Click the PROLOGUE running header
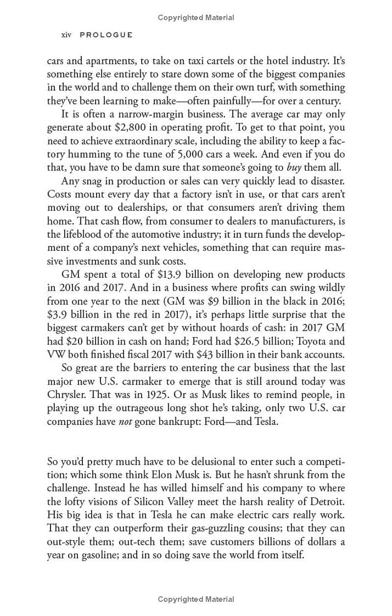point(106,35)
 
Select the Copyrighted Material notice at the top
point(196,18)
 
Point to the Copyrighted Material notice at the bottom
point(196,599)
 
